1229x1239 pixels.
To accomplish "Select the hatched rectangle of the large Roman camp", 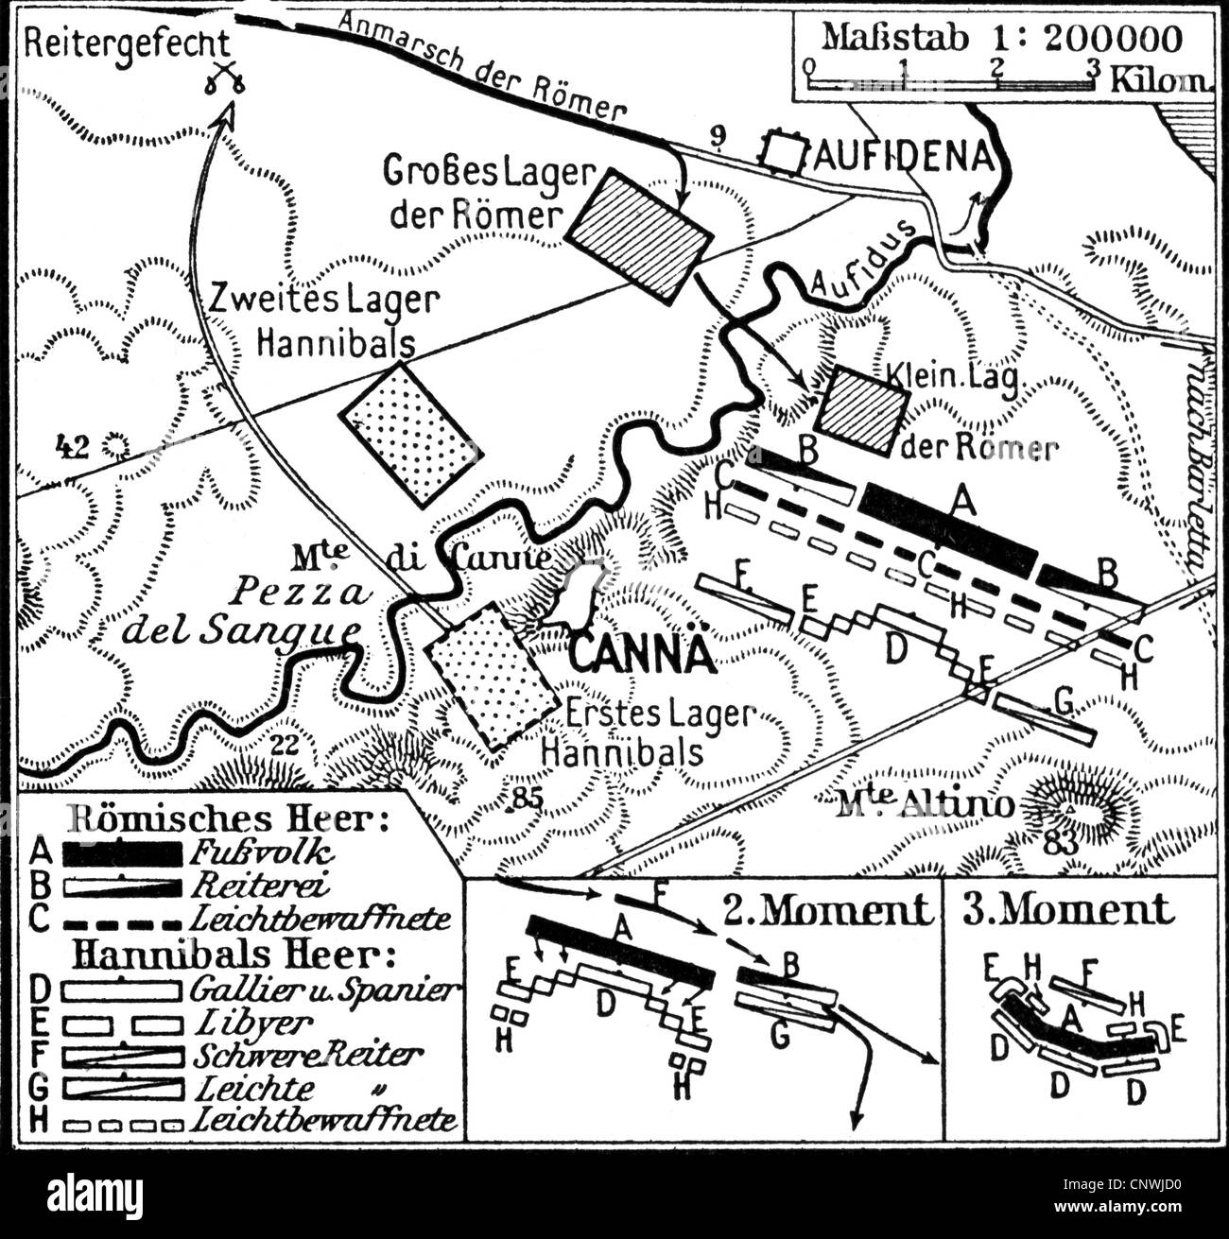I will pyautogui.click(x=638, y=235).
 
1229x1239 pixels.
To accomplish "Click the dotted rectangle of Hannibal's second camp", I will pyautogui.click(x=410, y=434).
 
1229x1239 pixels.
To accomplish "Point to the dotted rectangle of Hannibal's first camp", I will pyautogui.click(x=492, y=676).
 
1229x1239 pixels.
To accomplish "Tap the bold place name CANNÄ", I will pyautogui.click(x=643, y=653).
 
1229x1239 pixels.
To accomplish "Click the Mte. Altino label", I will pyautogui.click(x=924, y=805).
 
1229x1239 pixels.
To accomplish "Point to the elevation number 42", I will pyautogui.click(x=72, y=445).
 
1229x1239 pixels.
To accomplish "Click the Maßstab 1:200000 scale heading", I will pyautogui.click(x=1001, y=38).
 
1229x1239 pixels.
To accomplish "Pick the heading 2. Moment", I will pyautogui.click(x=827, y=909).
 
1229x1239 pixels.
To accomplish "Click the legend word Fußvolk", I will pyautogui.click(x=261, y=853).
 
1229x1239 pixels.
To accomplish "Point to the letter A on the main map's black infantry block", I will pyautogui.click(x=963, y=506).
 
